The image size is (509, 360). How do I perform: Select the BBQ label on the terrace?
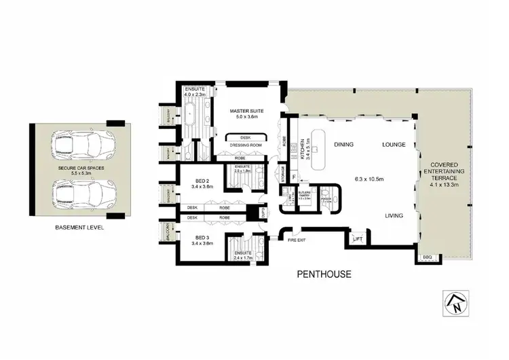tap(426, 257)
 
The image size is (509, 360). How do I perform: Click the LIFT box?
tap(358, 238)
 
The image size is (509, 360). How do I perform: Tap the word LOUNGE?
tap(394, 145)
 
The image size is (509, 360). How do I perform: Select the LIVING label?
tap(394, 215)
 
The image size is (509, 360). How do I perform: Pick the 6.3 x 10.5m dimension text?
tap(369, 179)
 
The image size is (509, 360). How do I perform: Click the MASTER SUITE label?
tap(247, 110)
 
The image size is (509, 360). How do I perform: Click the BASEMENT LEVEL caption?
tap(79, 228)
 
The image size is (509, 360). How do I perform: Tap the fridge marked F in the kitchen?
tap(295, 175)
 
